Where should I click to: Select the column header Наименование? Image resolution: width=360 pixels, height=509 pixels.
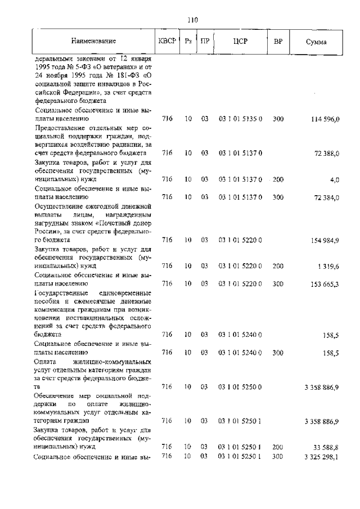(x=93, y=42)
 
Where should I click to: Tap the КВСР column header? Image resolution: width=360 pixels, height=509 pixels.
(x=167, y=42)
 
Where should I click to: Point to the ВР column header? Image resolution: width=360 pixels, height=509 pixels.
(x=278, y=42)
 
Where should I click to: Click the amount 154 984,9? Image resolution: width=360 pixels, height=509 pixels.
(x=325, y=241)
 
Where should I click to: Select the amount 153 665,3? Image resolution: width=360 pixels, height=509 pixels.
(x=325, y=284)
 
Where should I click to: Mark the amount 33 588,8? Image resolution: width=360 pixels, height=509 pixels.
(x=327, y=448)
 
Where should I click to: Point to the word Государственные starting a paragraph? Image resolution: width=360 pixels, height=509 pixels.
(x=60, y=293)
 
